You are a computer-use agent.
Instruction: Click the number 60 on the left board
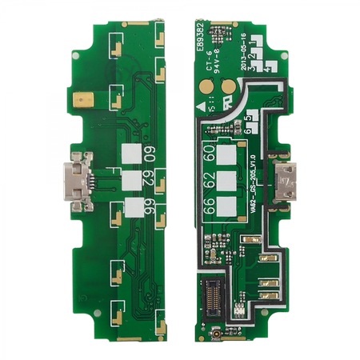click(149, 154)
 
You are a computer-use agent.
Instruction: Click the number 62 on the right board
click(209, 179)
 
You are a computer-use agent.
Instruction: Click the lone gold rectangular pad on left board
click(82, 98)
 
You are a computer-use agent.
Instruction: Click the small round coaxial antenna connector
click(215, 331)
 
